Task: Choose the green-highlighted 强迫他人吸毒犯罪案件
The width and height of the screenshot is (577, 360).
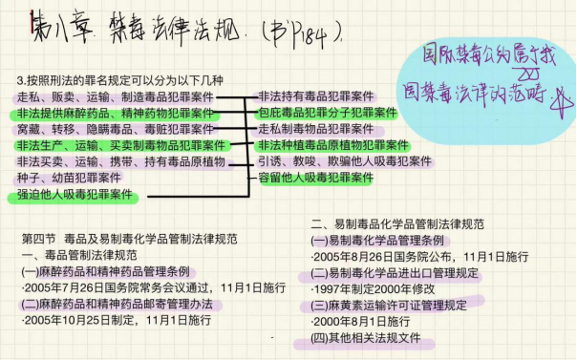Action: [x=75, y=194]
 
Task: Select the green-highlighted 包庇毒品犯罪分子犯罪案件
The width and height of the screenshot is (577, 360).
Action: [x=328, y=113]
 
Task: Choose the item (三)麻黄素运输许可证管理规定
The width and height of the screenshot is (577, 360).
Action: [x=389, y=307]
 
